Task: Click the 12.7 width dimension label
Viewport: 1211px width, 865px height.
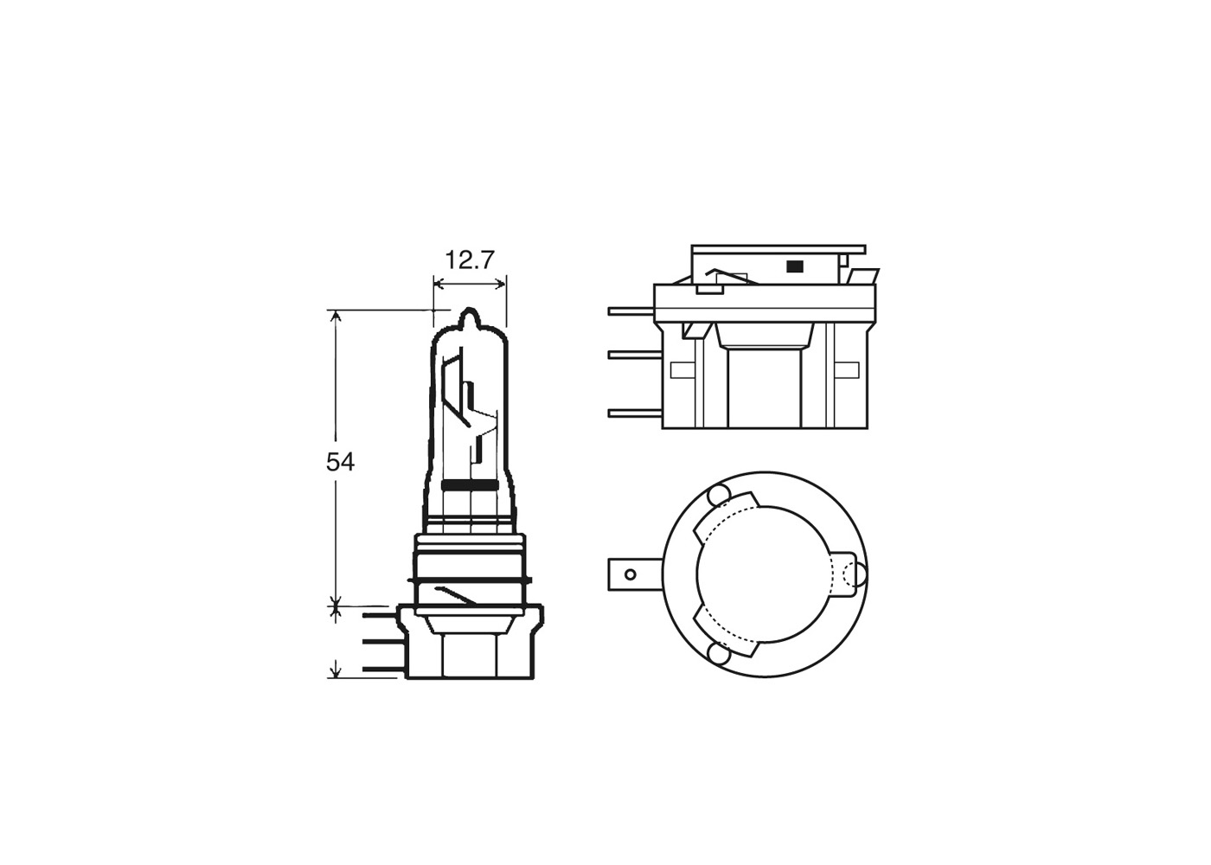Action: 470,259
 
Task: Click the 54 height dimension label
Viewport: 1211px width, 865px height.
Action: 340,462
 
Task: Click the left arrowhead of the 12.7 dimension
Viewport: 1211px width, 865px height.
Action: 437,283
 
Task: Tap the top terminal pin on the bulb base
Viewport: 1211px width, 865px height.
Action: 377,615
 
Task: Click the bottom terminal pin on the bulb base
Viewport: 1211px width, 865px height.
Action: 377,669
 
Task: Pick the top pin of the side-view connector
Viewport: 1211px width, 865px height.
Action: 631,311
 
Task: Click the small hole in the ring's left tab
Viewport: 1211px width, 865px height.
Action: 631,573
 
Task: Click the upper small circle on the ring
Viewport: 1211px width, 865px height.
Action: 716,497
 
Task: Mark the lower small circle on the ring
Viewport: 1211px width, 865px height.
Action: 716,653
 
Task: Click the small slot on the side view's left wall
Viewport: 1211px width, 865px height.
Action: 682,370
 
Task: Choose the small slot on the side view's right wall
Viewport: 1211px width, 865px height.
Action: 852,370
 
